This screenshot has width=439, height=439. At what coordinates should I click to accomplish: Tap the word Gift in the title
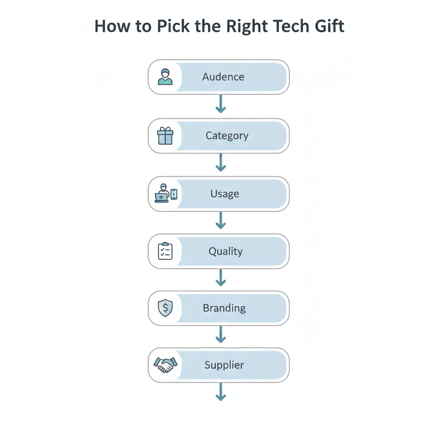pyautogui.click(x=328, y=26)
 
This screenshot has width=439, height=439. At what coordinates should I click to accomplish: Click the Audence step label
pyautogui.click(x=223, y=77)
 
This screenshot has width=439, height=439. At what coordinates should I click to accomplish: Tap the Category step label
pyautogui.click(x=227, y=136)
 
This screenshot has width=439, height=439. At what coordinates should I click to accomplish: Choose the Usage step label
pyautogui.click(x=225, y=194)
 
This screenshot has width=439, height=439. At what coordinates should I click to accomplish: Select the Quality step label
pyautogui.click(x=226, y=251)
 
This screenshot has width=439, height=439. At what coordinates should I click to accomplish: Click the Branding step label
pyautogui.click(x=224, y=308)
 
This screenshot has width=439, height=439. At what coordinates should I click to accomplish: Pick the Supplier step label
pyautogui.click(x=224, y=365)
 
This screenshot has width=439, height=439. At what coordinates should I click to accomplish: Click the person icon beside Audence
pyautogui.click(x=165, y=77)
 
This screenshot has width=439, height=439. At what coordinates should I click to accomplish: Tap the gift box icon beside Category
pyautogui.click(x=165, y=136)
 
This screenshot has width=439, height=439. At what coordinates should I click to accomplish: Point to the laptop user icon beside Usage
pyautogui.click(x=165, y=194)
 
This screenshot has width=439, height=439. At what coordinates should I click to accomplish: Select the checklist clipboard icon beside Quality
pyautogui.click(x=165, y=251)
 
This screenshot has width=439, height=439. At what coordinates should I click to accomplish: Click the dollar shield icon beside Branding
pyautogui.click(x=165, y=308)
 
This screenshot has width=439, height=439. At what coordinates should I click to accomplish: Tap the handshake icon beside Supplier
pyautogui.click(x=165, y=365)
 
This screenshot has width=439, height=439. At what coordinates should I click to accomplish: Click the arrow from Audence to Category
pyautogui.click(x=221, y=104)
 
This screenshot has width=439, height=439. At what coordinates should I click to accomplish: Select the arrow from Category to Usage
pyautogui.click(x=221, y=162)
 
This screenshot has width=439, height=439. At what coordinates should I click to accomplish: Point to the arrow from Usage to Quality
pyautogui.click(x=221, y=220)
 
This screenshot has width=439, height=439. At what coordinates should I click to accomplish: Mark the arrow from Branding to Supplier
pyautogui.click(x=221, y=334)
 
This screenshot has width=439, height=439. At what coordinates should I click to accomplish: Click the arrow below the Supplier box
pyautogui.click(x=221, y=392)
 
